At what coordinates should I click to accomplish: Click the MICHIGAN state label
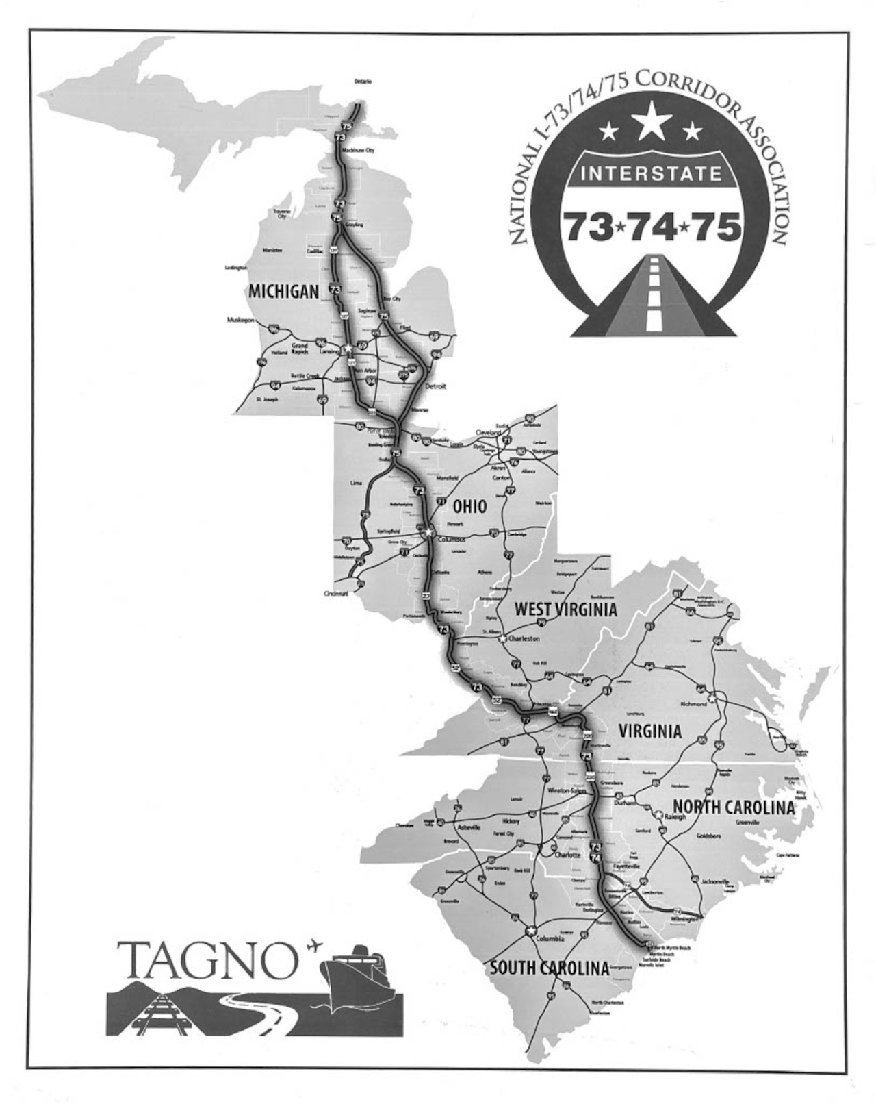pyautogui.click(x=283, y=291)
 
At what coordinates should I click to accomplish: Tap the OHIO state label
pyautogui.click(x=469, y=507)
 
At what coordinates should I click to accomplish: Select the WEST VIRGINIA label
pyautogui.click(x=565, y=609)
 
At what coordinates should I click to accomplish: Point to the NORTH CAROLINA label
pyautogui.click(x=734, y=807)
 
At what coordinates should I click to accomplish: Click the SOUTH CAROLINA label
pyautogui.click(x=549, y=968)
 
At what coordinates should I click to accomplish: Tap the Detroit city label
pyautogui.click(x=435, y=386)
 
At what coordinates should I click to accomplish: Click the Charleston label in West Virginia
pyautogui.click(x=524, y=638)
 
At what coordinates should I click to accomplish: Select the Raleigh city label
pyautogui.click(x=674, y=816)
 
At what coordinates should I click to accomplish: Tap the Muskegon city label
pyautogui.click(x=241, y=320)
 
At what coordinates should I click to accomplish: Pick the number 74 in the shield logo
pyautogui.click(x=652, y=226)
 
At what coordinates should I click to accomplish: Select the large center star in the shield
pyautogui.click(x=651, y=121)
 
